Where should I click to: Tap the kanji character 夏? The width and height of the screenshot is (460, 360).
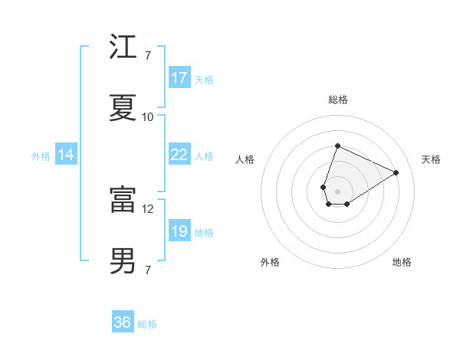[x=123, y=107]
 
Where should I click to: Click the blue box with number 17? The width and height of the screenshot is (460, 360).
[x=179, y=78]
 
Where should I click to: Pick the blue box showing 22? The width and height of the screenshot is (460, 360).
[x=179, y=155]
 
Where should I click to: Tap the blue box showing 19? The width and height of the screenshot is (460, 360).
[x=179, y=231]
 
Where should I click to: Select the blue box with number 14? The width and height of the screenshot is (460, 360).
[x=66, y=155]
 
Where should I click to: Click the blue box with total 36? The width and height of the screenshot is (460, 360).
[x=123, y=322]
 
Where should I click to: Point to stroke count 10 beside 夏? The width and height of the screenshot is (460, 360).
[x=148, y=117]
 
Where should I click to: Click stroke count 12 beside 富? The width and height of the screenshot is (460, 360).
[x=148, y=208]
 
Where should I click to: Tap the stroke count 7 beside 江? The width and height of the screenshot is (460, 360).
[x=148, y=56]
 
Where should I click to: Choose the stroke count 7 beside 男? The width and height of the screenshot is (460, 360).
[x=148, y=270]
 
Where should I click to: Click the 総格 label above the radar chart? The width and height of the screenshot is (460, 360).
[x=337, y=100]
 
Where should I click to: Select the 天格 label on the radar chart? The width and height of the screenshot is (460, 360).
[x=431, y=159]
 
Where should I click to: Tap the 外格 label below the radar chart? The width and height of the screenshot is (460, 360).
[x=270, y=262]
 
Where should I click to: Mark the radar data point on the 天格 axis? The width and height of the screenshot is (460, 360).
[x=396, y=172]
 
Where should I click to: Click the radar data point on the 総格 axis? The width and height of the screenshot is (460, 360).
[x=337, y=146]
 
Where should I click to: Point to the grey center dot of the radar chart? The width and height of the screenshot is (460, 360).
[x=337, y=190]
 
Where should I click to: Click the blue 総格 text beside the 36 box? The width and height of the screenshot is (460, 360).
[x=147, y=324]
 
